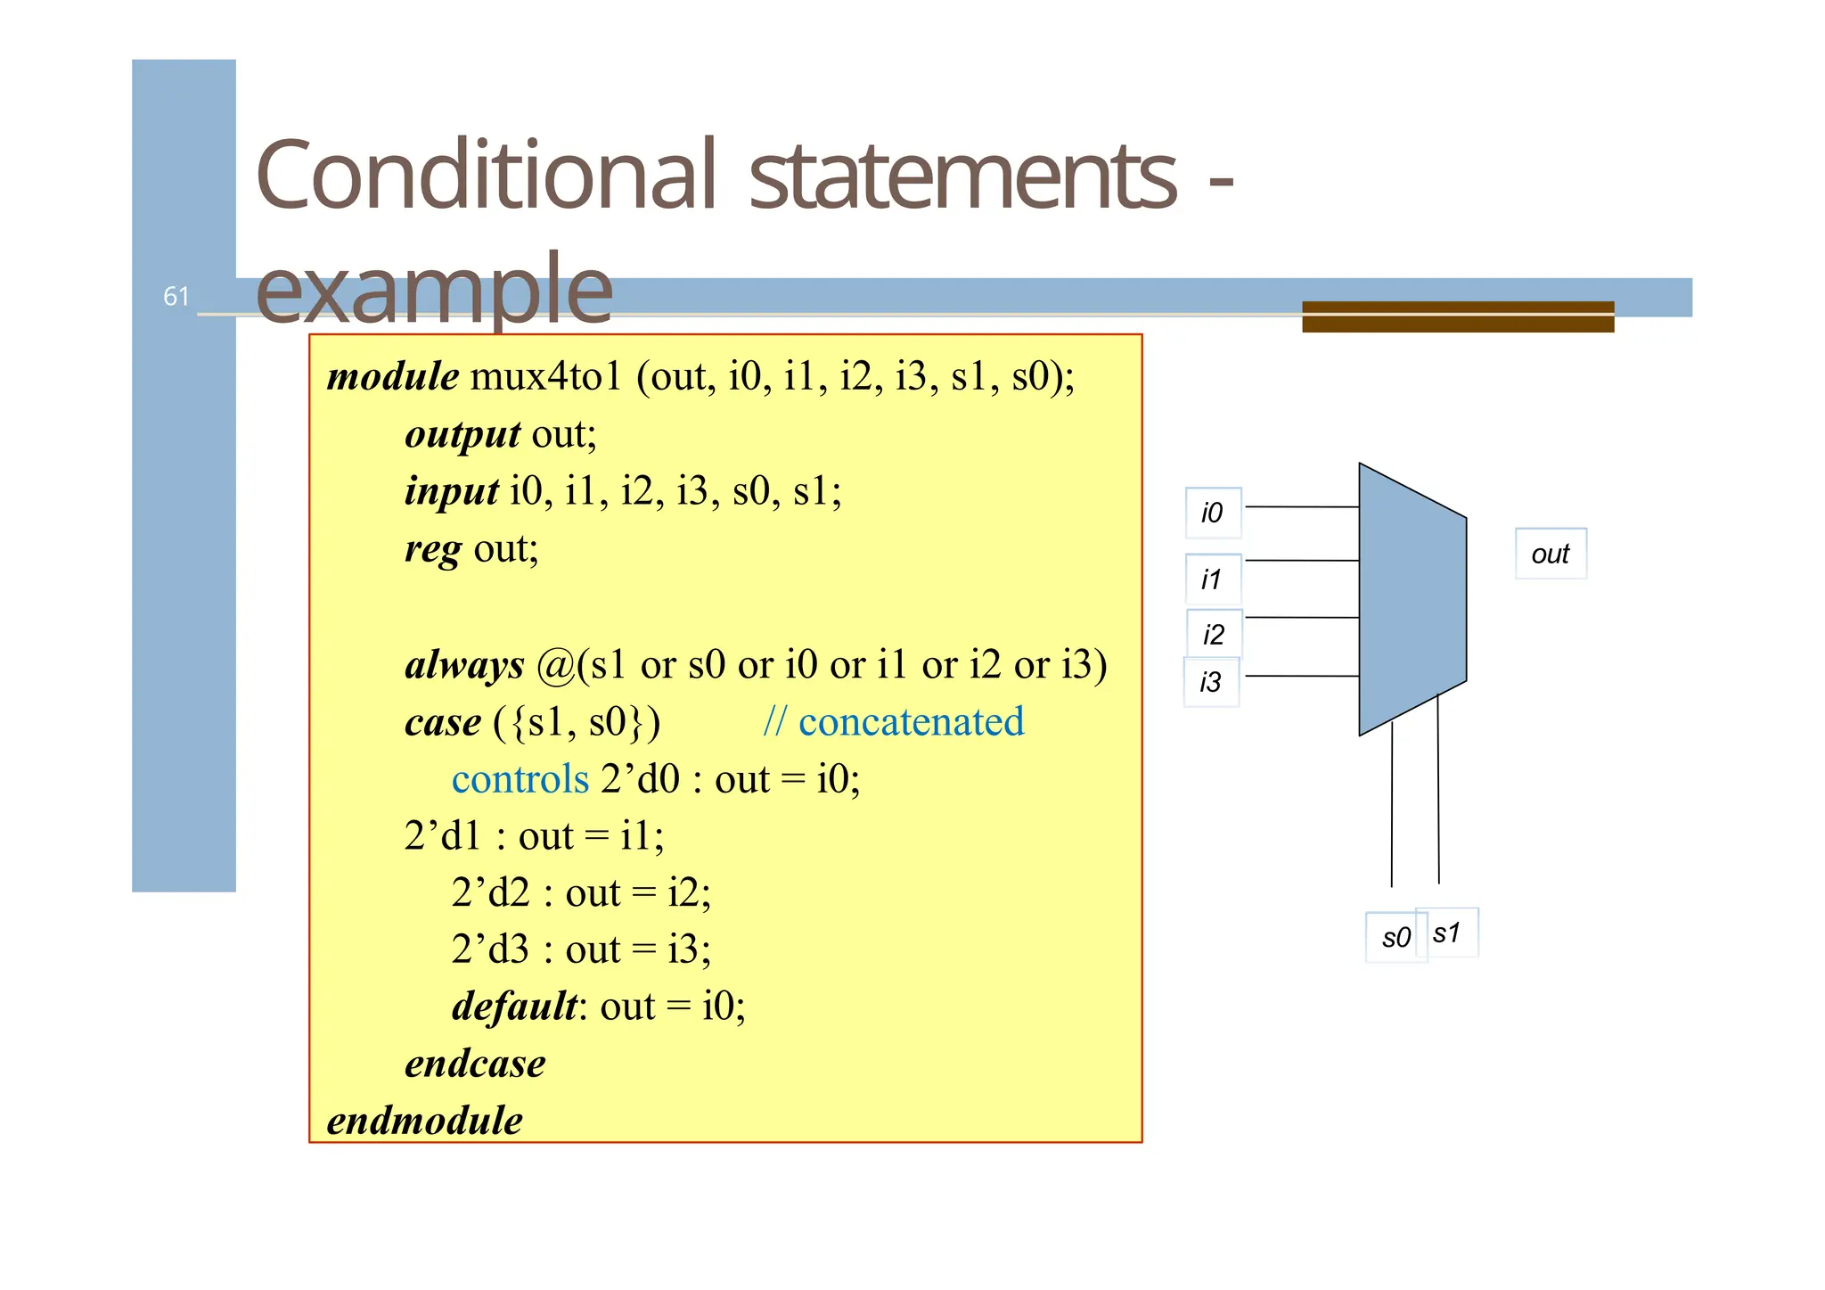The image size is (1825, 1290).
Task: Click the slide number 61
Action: (176, 296)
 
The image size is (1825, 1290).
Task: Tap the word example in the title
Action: (434, 288)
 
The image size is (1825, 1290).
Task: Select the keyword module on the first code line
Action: (393, 376)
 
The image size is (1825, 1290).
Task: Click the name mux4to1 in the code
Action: (545, 376)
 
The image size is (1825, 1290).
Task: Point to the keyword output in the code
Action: (462, 434)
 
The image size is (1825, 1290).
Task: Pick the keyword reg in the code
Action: (433, 548)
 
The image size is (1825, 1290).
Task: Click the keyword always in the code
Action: (464, 665)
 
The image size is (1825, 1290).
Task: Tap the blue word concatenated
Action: (911, 722)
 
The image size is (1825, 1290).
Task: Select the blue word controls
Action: (520, 779)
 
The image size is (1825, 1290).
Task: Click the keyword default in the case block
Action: (515, 1007)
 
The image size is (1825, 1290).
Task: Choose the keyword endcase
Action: (475, 1064)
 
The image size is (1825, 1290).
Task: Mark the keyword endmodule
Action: (425, 1121)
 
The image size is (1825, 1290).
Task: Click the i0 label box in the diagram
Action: (1213, 513)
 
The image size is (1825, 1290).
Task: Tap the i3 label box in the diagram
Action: (1211, 682)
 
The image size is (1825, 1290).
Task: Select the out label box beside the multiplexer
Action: (1551, 554)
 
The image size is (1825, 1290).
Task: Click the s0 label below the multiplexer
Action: (1395, 937)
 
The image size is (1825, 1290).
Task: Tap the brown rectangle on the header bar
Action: (1458, 316)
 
